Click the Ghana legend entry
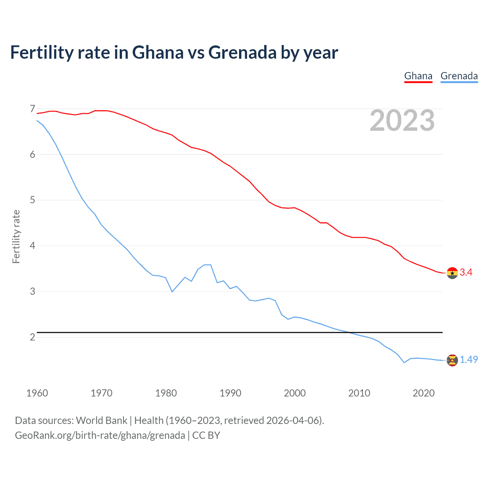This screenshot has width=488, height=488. tap(418, 76)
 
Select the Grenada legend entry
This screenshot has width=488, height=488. tap(459, 76)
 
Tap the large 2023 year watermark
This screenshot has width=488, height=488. tap(402, 120)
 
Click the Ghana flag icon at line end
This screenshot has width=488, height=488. tap(452, 273)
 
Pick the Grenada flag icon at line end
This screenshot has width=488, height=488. tap(452, 360)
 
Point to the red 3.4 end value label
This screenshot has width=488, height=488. tap(466, 272)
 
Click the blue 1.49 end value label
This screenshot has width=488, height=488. tap(469, 360)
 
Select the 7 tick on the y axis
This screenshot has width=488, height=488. tap(32, 109)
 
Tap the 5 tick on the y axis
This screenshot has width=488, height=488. tap(32, 200)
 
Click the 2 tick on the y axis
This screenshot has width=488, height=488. tap(32, 337)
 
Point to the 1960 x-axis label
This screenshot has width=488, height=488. tap(37, 393)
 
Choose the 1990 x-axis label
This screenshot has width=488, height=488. tap(230, 393)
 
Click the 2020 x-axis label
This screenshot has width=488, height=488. tap(424, 393)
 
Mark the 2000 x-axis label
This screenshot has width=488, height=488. tap(295, 393)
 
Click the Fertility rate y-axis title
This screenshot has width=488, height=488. tap(16, 236)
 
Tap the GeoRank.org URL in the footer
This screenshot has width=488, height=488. tap(100, 435)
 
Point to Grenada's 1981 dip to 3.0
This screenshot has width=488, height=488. tap(172, 292)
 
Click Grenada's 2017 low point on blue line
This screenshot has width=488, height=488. tap(404, 363)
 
